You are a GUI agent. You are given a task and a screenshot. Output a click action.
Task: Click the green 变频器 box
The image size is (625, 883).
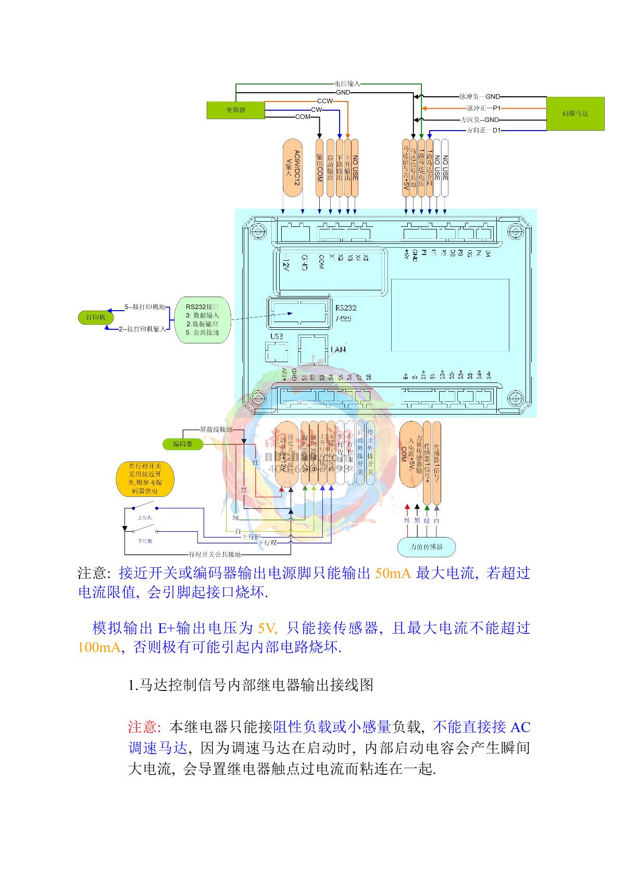pyautogui.click(x=235, y=110)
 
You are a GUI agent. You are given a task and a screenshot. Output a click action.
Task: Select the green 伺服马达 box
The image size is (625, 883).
pyautogui.click(x=575, y=113)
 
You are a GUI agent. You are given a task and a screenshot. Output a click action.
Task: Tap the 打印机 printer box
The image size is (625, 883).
pyautogui.click(x=96, y=317)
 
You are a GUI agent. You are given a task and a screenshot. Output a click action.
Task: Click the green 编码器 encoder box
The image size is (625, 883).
pyautogui.click(x=183, y=444)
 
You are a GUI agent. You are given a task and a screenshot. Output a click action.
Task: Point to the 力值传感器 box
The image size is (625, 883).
pyautogui.click(x=427, y=547)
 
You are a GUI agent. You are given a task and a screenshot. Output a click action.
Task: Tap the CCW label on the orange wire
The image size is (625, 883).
pyautogui.click(x=324, y=101)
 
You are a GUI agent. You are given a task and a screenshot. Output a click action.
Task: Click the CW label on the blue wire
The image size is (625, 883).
pyautogui.click(x=316, y=110)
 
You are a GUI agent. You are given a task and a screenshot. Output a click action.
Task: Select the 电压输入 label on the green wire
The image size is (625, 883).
pyautogui.click(x=347, y=83)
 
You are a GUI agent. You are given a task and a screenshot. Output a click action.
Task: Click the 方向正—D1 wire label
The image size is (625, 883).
pyautogui.click(x=483, y=131)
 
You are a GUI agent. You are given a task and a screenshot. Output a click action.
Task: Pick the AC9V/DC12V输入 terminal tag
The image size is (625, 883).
pyautogui.click(x=293, y=167)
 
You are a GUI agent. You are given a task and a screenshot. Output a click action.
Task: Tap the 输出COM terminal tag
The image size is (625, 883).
pyautogui.click(x=320, y=168)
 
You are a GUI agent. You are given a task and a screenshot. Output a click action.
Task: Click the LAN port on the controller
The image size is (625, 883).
pyautogui.click(x=312, y=349)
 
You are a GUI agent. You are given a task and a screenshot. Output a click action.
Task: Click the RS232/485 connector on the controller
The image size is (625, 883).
pyautogui.click(x=298, y=313)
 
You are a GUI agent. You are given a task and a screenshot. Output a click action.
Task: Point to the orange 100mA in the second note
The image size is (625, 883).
pyautogui.click(x=98, y=648)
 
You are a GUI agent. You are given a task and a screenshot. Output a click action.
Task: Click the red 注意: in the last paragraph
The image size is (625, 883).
pyautogui.click(x=146, y=726)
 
